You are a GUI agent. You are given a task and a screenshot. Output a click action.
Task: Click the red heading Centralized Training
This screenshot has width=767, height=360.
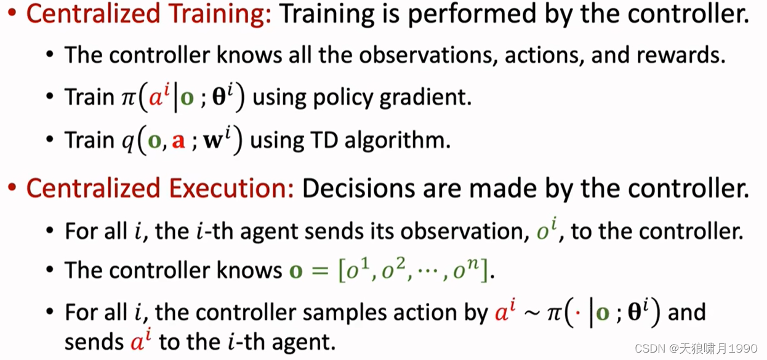(x=148, y=14)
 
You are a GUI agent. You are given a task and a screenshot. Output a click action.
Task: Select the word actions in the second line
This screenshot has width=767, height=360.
(x=542, y=56)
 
